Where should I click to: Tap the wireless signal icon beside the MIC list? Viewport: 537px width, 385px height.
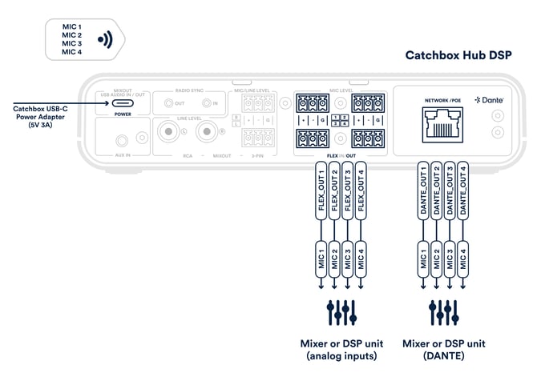point(103,39)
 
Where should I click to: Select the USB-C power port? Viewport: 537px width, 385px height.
point(123,103)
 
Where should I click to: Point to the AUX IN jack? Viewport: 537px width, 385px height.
point(123,140)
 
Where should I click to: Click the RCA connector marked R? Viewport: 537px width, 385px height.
point(207,131)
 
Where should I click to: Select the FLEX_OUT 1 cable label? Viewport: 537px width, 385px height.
point(321,192)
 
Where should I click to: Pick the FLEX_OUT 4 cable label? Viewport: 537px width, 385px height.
point(360,192)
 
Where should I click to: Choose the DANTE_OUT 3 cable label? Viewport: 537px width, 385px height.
point(449,192)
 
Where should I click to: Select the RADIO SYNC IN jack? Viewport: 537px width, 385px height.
point(207,103)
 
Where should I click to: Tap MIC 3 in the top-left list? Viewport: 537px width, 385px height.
point(72,43)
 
